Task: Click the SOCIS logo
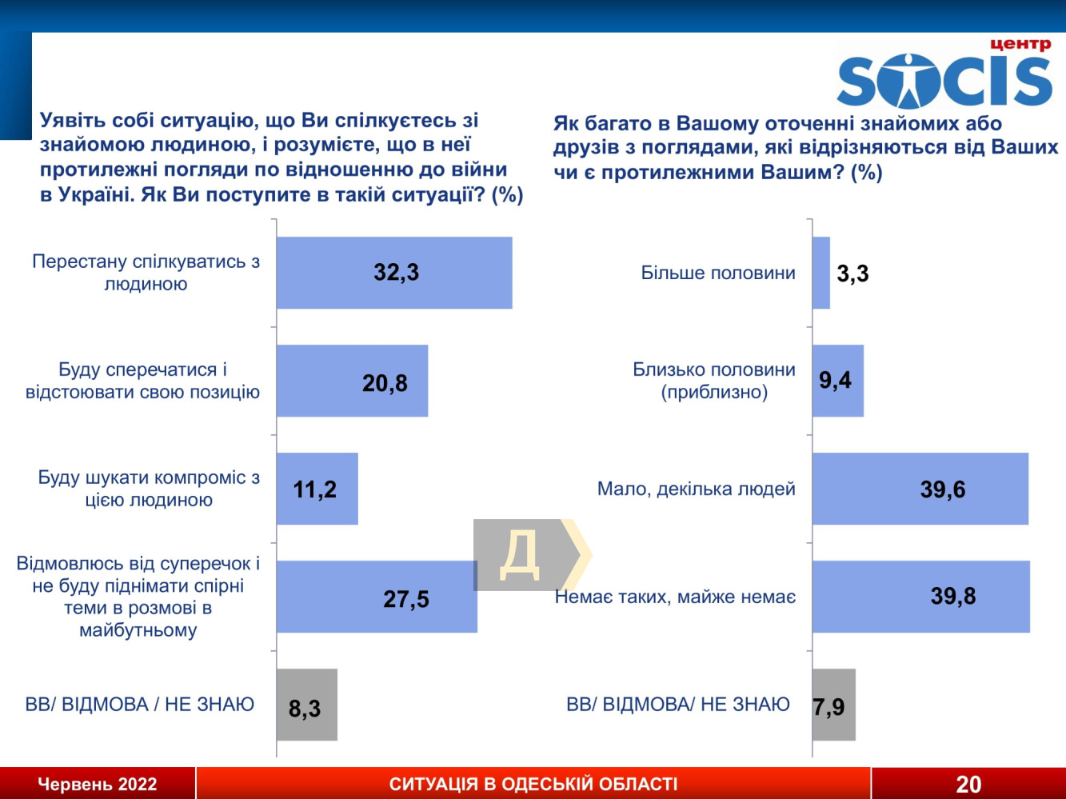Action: [944, 80]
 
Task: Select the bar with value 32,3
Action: [394, 273]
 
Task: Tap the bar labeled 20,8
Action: [352, 381]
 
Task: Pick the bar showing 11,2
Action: [317, 489]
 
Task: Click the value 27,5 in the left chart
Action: [406, 599]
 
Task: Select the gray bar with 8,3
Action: [307, 705]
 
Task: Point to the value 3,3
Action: [852, 274]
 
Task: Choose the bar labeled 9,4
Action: [838, 381]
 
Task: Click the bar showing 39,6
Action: [920, 489]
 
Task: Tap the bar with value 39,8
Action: [921, 597]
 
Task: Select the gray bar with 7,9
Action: [834, 705]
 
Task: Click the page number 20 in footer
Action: [968, 785]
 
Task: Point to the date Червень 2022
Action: [98, 784]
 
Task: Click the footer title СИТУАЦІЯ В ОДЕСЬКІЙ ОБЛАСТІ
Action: [533, 784]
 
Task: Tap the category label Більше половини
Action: [718, 273]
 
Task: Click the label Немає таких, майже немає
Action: [676, 597]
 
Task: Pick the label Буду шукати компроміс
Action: [149, 489]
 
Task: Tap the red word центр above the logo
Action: [1020, 44]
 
